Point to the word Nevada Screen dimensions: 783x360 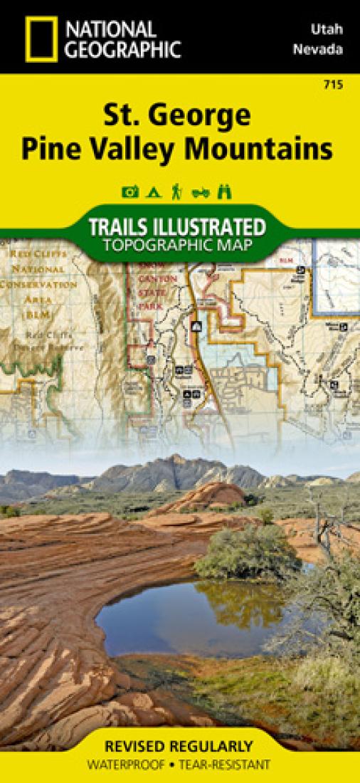pyautogui.click(x=327, y=50)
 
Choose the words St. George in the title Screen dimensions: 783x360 pyautogui.click(x=179, y=115)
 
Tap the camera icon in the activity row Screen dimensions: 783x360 pyautogui.click(x=130, y=191)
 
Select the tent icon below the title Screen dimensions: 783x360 pyautogui.click(x=152, y=191)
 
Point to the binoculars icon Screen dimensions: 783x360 pyautogui.click(x=226, y=191)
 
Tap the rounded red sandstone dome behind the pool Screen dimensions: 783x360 pyautogui.click(x=206, y=495)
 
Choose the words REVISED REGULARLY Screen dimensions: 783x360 pyautogui.click(x=179, y=747)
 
